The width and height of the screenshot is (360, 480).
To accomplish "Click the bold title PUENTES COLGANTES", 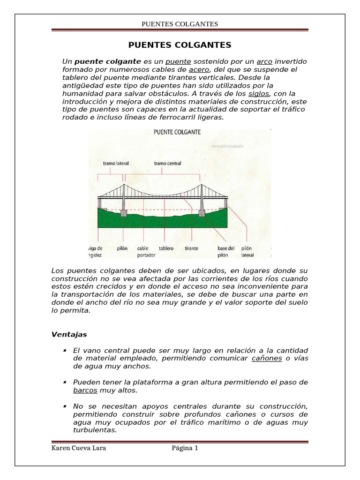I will (x=180, y=45).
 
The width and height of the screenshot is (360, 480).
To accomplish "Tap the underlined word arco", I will (x=264, y=61).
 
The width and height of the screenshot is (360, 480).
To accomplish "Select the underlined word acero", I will (x=198, y=69).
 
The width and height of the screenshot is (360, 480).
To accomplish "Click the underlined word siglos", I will (x=258, y=93).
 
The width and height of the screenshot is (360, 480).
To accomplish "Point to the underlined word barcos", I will (x=85, y=390).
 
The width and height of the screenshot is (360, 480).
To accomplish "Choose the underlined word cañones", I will (x=267, y=358).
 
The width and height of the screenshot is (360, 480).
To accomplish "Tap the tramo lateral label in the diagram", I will (x=115, y=164).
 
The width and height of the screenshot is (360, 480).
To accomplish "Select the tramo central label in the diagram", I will (x=168, y=164).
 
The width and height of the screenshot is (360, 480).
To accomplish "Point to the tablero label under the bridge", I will (x=166, y=248).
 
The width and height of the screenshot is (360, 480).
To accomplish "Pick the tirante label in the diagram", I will (x=192, y=248).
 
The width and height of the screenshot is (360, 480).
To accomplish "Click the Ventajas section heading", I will (x=68, y=335).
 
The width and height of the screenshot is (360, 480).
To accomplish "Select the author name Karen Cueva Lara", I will (x=79, y=448).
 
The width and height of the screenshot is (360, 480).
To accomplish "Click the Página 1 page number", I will (x=185, y=448).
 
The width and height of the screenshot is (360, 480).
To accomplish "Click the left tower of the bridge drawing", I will (x=123, y=197).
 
